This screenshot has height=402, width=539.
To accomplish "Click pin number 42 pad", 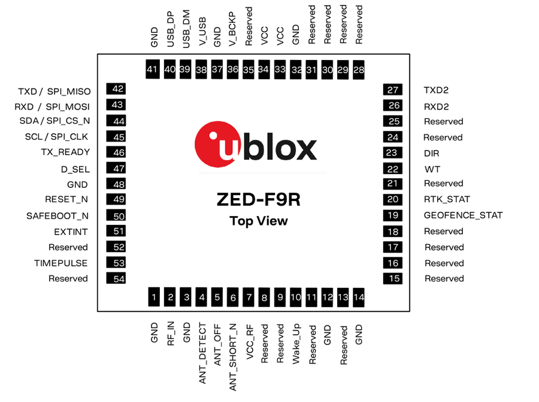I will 116,89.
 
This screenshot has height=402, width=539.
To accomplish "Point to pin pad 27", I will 393,90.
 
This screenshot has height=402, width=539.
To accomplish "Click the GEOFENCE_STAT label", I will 463,215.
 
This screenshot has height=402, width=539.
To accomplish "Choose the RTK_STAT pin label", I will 447,199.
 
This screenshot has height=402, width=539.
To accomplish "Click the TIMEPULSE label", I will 61,263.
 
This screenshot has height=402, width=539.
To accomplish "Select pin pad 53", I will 116,262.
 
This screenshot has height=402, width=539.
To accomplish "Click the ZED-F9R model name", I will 258,200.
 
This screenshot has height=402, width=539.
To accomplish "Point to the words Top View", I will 259,221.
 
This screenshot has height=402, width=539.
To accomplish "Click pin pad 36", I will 233,70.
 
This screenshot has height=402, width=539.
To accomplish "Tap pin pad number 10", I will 296,296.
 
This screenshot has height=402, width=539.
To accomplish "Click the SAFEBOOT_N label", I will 57,215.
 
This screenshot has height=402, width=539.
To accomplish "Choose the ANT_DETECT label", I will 202,353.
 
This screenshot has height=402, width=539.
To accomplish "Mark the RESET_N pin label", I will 66,199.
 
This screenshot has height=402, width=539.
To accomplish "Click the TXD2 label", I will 436,90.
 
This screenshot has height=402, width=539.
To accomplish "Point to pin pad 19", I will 393,215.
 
